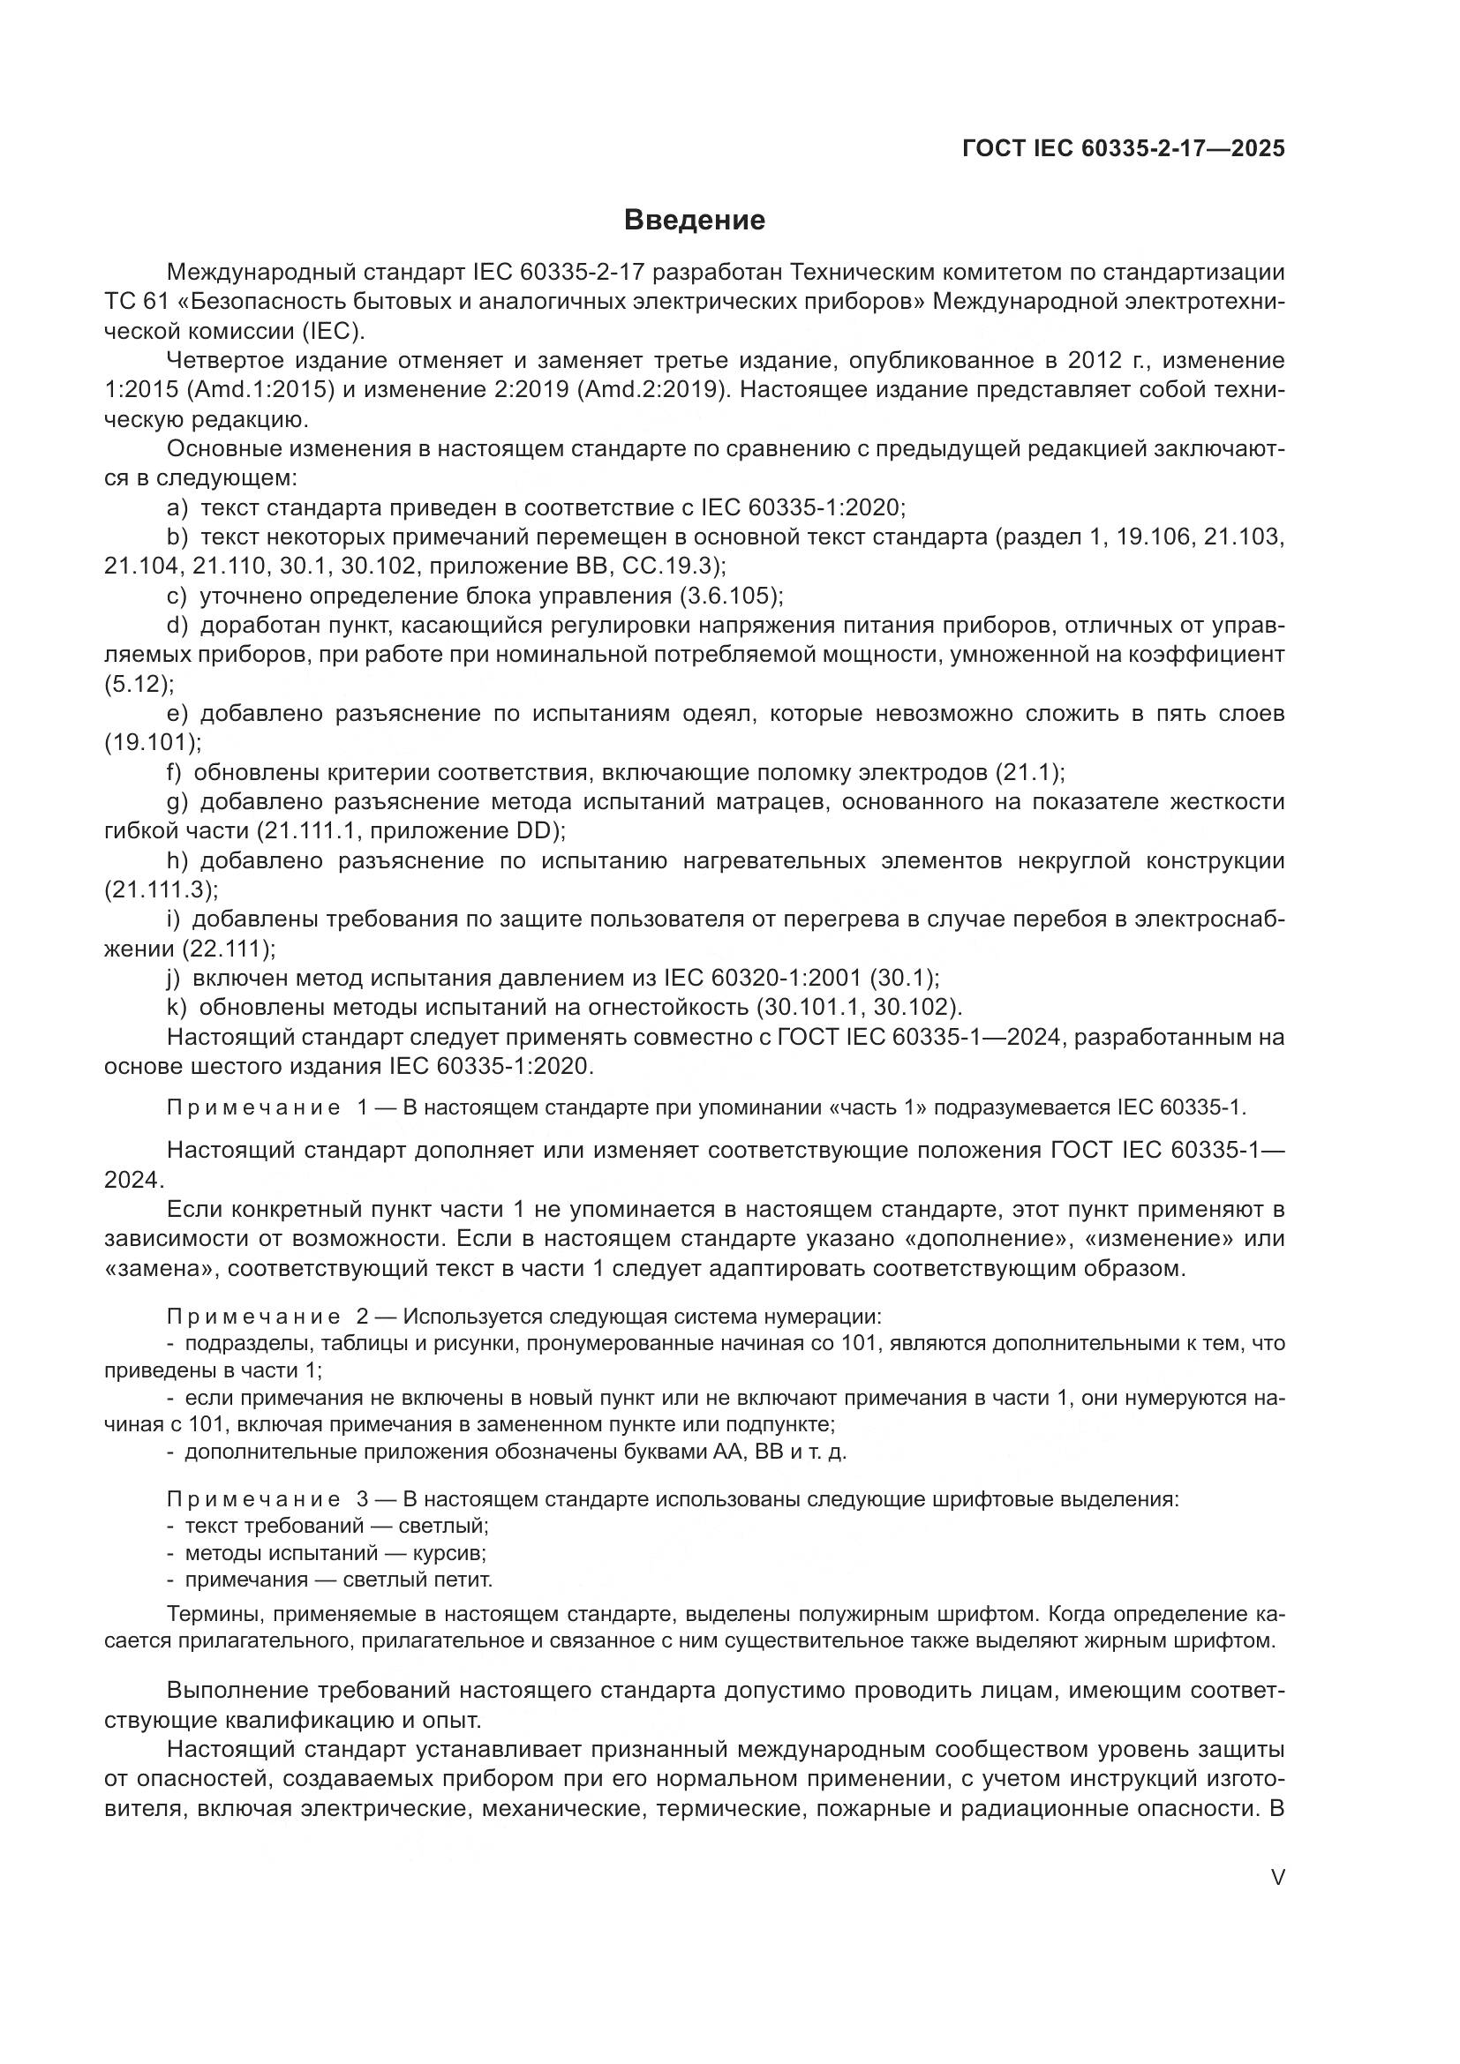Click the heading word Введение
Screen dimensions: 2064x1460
[694, 221]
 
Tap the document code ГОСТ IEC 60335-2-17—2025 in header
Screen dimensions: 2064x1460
[1123, 148]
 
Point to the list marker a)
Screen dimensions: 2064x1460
[178, 508]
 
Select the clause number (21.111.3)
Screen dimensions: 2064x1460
[161, 890]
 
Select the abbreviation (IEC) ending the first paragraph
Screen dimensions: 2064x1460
[330, 331]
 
